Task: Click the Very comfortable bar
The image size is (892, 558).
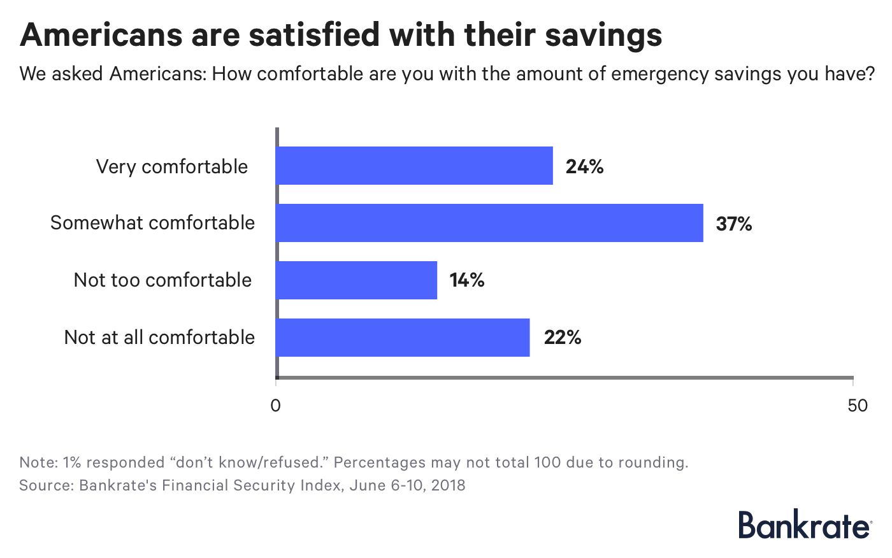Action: [414, 166]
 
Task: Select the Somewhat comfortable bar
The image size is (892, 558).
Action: [489, 223]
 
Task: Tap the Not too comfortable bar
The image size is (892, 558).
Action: [356, 280]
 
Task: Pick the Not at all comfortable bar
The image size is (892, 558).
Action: [403, 338]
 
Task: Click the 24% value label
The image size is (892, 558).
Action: [584, 167]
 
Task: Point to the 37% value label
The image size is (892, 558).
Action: [733, 224]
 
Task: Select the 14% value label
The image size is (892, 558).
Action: [467, 280]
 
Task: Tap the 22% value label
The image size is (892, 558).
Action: [562, 338]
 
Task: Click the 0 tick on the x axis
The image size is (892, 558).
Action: [276, 406]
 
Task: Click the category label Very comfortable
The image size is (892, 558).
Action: [172, 167]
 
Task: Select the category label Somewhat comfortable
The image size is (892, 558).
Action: [152, 223]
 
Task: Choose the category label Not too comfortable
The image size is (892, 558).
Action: [162, 280]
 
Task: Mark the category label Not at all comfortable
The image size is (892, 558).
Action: [159, 338]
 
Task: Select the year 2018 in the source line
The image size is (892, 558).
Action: [448, 485]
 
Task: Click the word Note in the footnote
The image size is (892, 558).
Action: [38, 462]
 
